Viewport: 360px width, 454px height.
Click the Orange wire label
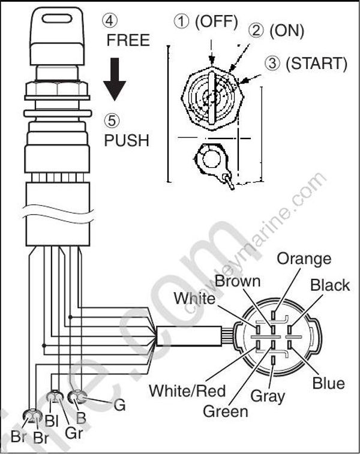coord(304,258)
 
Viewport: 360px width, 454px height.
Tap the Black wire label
coord(329,285)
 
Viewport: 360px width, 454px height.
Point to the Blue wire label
coord(328,383)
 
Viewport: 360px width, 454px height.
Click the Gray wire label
coord(268,396)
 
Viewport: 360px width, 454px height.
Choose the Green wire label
coord(226,411)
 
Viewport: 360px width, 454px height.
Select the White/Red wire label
coord(187,391)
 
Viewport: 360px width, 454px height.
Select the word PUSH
coord(127,140)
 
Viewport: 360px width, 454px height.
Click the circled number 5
coord(112,121)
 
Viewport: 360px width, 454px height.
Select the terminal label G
coord(119,405)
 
